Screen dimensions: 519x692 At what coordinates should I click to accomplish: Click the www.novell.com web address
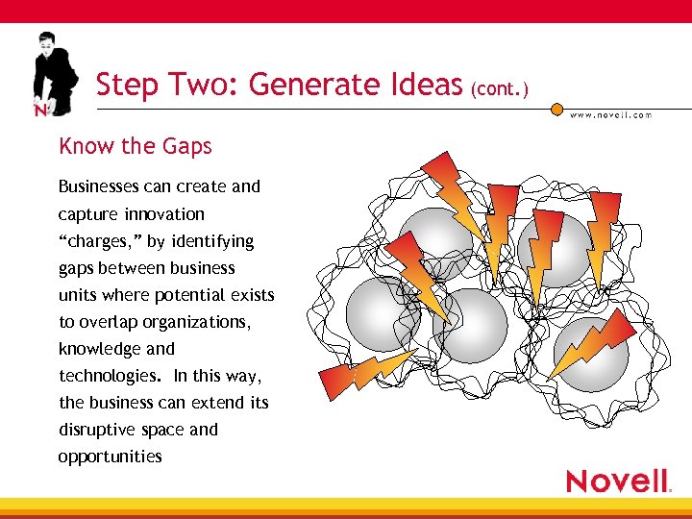(x=611, y=115)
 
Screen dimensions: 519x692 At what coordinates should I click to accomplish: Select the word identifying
(x=213, y=241)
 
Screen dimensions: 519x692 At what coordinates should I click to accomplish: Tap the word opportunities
(x=110, y=457)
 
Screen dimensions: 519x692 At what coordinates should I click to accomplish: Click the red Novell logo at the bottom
(x=618, y=481)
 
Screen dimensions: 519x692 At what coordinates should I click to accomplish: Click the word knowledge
(x=100, y=349)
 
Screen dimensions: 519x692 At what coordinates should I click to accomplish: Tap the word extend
(x=217, y=403)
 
